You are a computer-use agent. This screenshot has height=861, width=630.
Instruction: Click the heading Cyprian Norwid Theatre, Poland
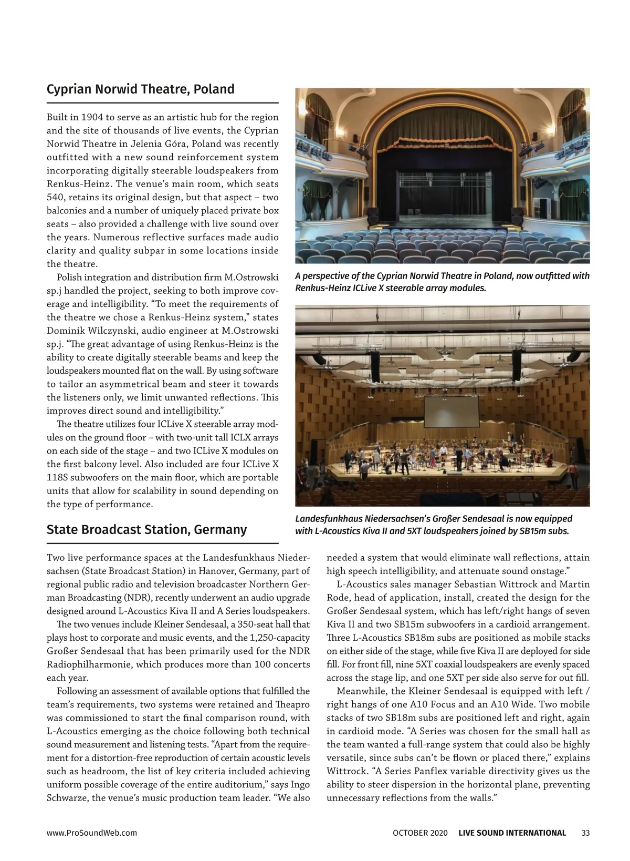[140, 89]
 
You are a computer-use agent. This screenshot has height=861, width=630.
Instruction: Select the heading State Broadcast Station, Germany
[146, 529]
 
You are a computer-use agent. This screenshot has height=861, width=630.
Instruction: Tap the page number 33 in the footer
[586, 833]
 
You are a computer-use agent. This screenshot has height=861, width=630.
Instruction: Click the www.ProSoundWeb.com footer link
[92, 833]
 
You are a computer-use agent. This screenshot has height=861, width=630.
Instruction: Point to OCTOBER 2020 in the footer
[420, 833]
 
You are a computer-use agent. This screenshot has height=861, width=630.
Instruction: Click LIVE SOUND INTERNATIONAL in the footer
[512, 833]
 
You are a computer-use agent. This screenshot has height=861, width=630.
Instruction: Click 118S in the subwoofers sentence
[60, 477]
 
